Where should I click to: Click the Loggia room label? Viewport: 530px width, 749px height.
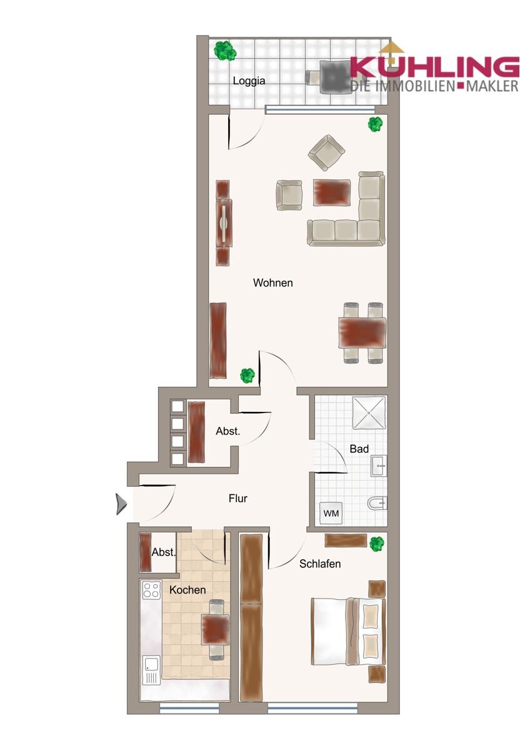click(x=249, y=81)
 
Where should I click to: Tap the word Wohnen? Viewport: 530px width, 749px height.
click(x=272, y=283)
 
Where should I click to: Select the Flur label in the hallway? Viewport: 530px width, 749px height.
click(x=237, y=499)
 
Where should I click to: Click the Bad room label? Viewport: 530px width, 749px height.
click(x=359, y=449)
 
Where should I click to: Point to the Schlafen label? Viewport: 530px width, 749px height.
click(x=320, y=564)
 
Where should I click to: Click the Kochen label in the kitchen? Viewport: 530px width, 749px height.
click(x=187, y=590)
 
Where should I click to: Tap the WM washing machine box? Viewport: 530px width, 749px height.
click(x=331, y=514)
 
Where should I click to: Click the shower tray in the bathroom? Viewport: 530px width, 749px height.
click(x=369, y=413)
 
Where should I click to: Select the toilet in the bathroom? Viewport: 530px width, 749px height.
click(x=377, y=502)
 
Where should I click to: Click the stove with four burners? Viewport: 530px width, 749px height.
click(x=151, y=590)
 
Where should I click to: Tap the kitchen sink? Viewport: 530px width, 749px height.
click(x=151, y=670)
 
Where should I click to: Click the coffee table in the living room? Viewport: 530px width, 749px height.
click(x=331, y=193)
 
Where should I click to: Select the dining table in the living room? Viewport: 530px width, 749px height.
click(x=361, y=333)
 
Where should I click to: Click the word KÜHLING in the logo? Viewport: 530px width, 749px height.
click(x=434, y=66)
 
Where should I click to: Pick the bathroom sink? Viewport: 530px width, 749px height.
click(x=379, y=464)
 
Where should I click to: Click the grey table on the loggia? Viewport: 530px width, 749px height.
click(x=335, y=76)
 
